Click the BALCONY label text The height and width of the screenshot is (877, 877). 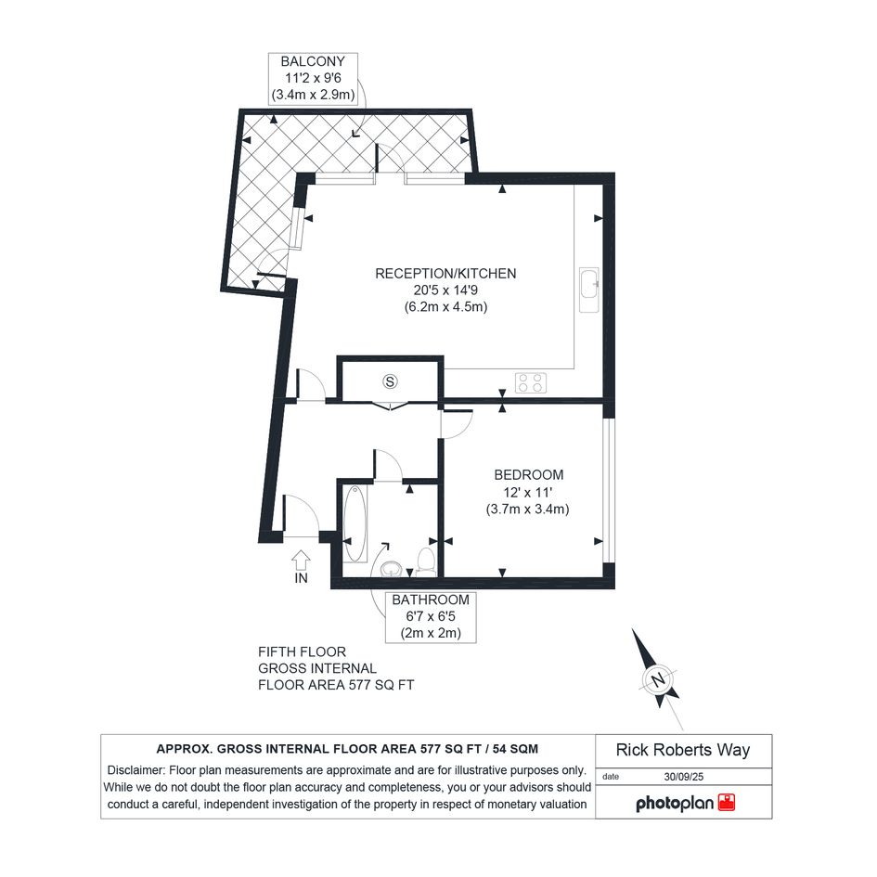point(313,61)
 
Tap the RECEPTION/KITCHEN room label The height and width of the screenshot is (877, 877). point(445,274)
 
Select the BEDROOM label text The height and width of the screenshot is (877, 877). point(529,475)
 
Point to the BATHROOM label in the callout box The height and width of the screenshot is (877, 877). point(430,600)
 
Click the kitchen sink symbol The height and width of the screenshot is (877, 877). point(589,290)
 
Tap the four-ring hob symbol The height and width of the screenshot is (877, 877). point(530,382)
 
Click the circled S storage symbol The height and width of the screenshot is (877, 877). point(390,382)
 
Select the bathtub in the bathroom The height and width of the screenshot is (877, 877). point(355,524)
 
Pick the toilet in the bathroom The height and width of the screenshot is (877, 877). point(426,561)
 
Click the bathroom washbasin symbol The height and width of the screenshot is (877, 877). point(391,570)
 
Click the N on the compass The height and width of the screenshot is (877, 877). point(658,680)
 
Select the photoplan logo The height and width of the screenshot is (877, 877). point(685,803)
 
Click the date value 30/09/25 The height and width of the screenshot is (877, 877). point(683,777)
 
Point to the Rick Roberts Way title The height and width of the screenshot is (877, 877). point(683,750)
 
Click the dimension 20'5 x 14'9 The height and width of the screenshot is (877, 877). point(445,290)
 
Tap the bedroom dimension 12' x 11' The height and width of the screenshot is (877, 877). point(528,492)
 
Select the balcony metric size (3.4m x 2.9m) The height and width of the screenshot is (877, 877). point(314,95)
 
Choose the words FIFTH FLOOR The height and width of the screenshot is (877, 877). point(302,652)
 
